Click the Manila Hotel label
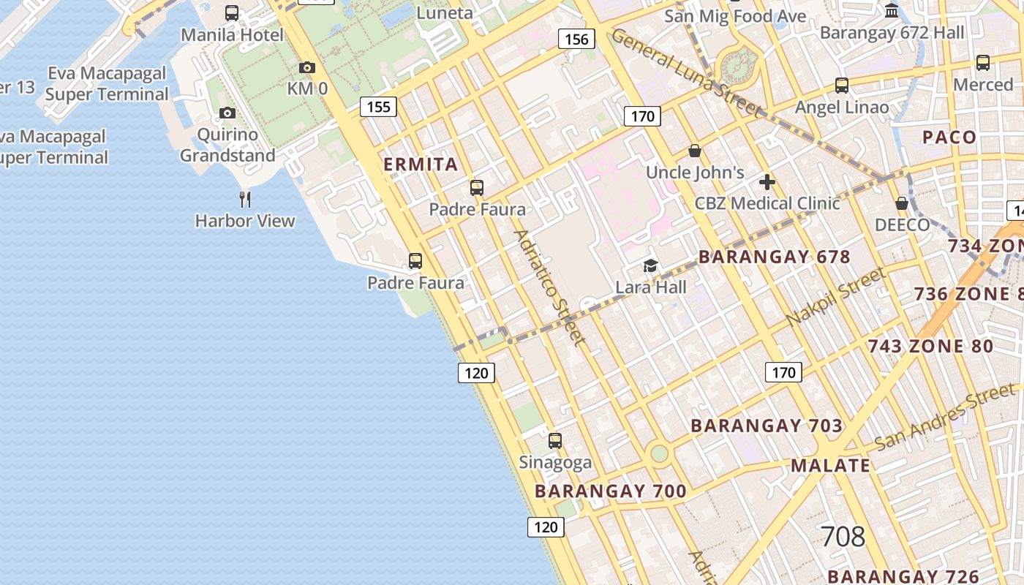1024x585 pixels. (x=232, y=34)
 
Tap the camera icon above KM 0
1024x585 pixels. (x=307, y=68)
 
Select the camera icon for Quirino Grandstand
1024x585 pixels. (x=227, y=113)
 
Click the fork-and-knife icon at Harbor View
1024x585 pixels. (x=245, y=199)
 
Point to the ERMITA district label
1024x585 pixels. (x=421, y=165)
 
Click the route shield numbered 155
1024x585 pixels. (x=378, y=107)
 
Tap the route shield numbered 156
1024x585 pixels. (x=576, y=39)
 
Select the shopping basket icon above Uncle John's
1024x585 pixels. (x=695, y=151)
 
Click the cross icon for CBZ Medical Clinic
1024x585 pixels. (x=767, y=182)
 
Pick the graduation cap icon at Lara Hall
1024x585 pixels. (x=650, y=265)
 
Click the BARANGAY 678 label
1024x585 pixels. (x=774, y=257)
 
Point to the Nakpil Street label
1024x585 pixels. (x=836, y=298)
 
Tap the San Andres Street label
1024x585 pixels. (x=945, y=416)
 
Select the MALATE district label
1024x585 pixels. (x=830, y=466)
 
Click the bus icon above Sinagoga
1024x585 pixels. (x=555, y=441)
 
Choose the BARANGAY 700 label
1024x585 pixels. (x=611, y=491)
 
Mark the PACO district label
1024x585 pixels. (x=949, y=137)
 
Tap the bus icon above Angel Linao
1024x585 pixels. (x=842, y=86)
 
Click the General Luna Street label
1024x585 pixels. (x=685, y=72)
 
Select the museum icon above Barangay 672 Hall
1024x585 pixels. (x=892, y=11)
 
